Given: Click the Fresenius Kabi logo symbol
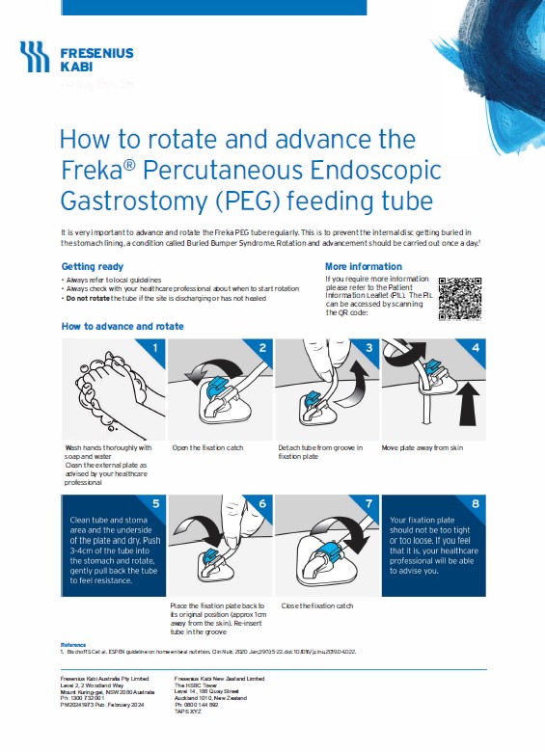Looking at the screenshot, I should [35, 57].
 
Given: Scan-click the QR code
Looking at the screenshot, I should [459, 297].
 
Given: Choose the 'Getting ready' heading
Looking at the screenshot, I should [93, 266].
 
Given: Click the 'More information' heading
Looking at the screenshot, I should [364, 266].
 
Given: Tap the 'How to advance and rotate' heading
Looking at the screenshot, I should [123, 326].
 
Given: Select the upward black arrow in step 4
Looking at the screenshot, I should [468, 405].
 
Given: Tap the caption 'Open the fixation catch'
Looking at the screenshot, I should [207, 448].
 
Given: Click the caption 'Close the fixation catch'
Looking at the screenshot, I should [316, 604].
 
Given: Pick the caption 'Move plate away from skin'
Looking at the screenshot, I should [423, 448].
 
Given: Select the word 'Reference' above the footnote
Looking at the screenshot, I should [73, 644].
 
